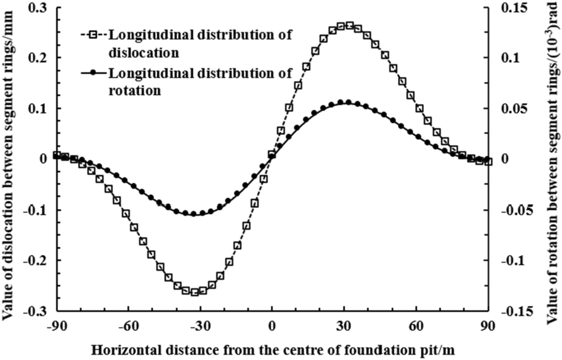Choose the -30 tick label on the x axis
(x=200, y=325)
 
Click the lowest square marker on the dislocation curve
(x=194, y=291)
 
